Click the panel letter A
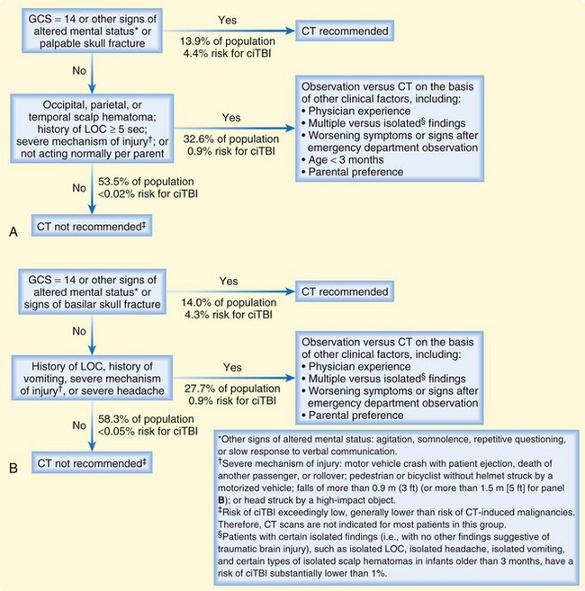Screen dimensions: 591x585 click(14, 233)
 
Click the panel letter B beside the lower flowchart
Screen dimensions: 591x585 click(14, 468)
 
